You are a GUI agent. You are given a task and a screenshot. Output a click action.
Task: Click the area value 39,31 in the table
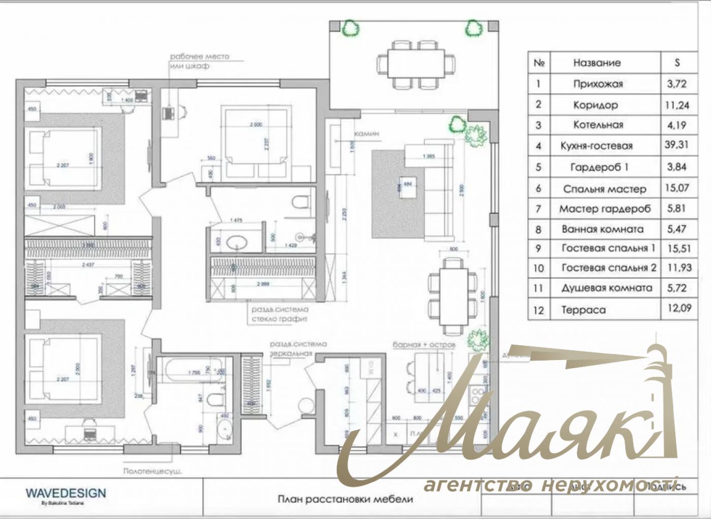[x=676, y=145]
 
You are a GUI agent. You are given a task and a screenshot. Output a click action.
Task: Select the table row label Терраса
[x=583, y=310]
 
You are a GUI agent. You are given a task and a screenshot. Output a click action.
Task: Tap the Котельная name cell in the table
[x=598, y=125]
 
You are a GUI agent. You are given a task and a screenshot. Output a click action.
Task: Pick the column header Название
[x=597, y=63]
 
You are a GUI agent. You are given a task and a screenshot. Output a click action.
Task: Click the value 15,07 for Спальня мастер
[x=676, y=188]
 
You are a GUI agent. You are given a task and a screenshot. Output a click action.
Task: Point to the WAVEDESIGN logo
[x=66, y=493]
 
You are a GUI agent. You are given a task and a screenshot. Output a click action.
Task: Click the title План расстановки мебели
[x=345, y=499]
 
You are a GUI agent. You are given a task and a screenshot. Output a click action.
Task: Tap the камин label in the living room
[x=366, y=134]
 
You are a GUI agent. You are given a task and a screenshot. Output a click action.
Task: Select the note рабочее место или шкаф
[x=199, y=61]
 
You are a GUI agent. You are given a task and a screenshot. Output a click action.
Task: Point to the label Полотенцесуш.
[x=153, y=471]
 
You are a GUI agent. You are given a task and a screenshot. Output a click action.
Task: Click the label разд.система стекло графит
[x=280, y=314]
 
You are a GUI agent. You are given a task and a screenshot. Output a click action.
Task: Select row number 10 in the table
[x=539, y=268]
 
